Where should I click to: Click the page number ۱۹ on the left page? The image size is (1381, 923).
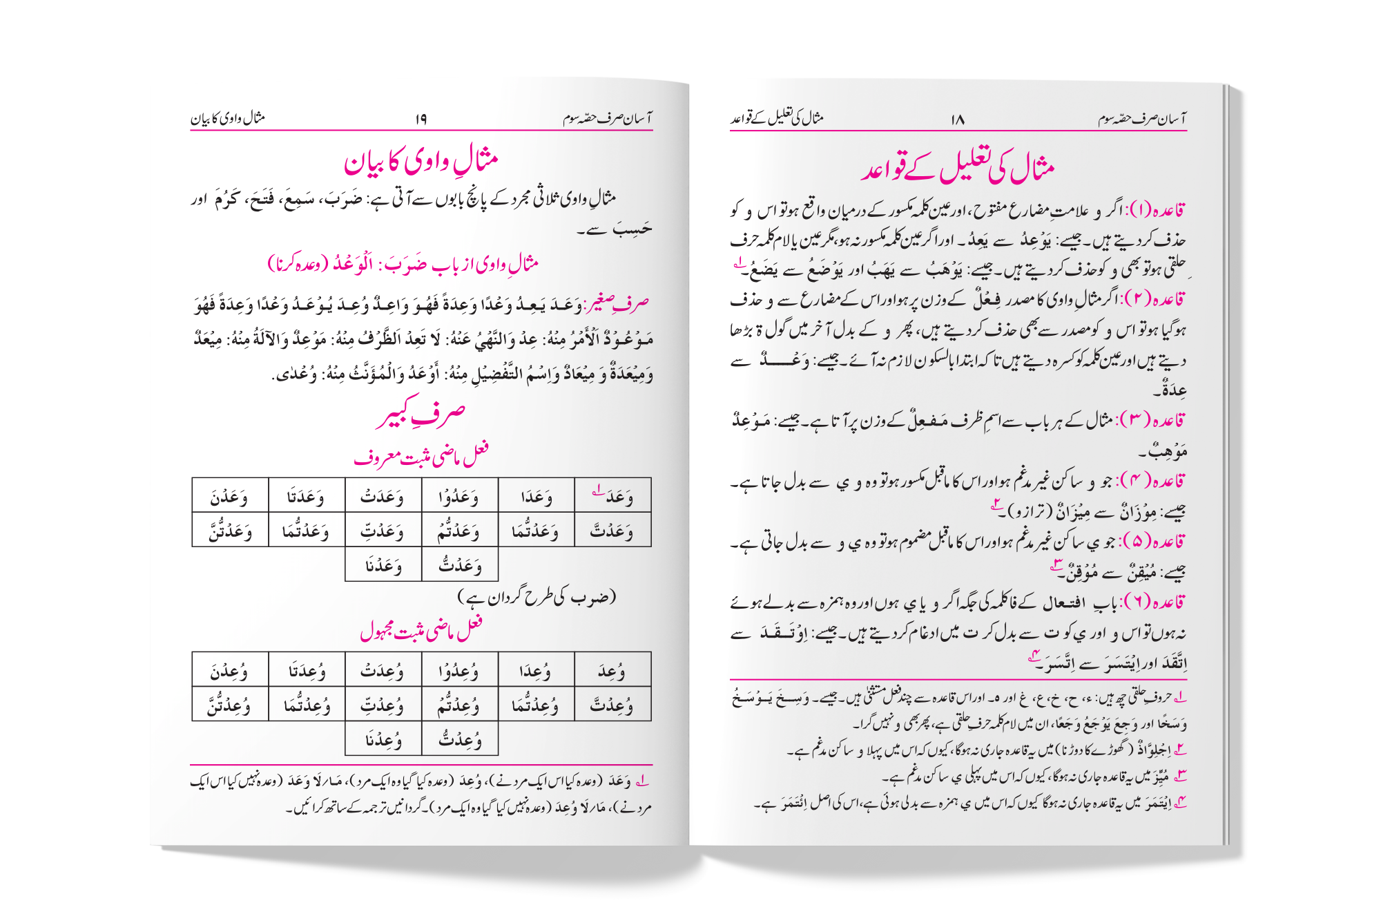(421, 120)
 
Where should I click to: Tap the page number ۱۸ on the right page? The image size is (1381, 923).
(957, 120)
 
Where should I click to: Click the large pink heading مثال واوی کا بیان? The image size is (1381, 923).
(421, 162)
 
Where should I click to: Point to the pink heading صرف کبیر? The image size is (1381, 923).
(421, 414)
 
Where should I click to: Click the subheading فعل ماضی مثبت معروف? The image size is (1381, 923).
(421, 455)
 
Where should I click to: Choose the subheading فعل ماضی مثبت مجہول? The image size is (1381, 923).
(421, 629)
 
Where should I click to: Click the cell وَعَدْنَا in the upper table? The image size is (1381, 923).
(383, 566)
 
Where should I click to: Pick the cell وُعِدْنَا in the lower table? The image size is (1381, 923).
(383, 740)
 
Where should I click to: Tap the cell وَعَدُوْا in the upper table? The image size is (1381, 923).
(459, 496)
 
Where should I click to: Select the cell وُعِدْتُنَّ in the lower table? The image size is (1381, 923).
(230, 705)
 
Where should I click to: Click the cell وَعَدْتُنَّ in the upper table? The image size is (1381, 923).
(230, 531)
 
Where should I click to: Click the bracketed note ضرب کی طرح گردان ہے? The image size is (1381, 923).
(537, 597)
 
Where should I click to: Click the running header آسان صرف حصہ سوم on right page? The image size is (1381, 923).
(1142, 120)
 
